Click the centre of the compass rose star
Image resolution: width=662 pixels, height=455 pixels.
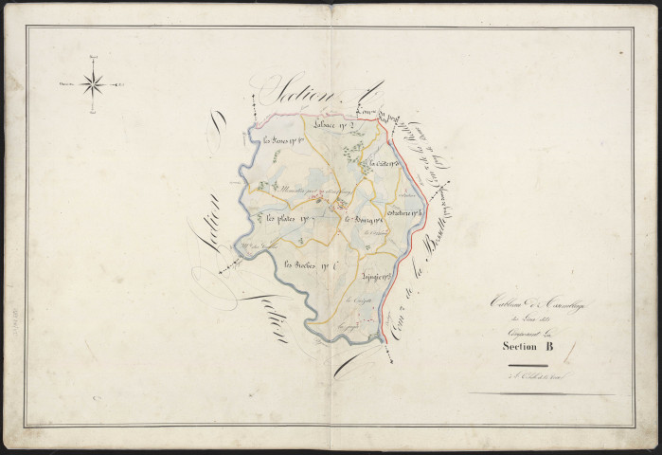93,85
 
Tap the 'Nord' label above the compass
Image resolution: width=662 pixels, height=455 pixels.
93,61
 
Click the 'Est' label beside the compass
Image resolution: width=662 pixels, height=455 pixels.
122,86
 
